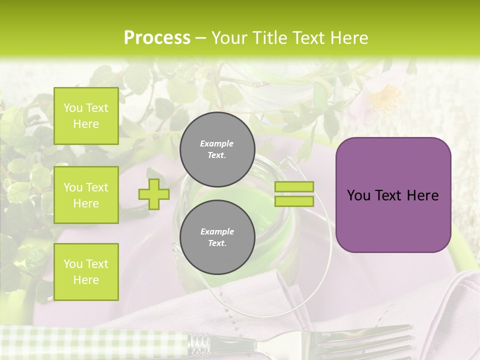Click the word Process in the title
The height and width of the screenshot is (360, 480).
point(157,38)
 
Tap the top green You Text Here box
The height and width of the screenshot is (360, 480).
point(86,116)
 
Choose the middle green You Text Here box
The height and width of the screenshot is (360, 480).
point(86,195)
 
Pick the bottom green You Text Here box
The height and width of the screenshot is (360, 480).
point(86,271)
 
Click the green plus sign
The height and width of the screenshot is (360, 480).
point(154,194)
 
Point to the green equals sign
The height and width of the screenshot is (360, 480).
point(294,194)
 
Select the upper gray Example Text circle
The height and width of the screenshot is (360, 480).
point(217,149)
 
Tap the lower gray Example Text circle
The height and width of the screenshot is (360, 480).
point(217,237)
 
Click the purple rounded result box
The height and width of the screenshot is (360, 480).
point(393,195)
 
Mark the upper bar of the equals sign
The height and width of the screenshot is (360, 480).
point(294,187)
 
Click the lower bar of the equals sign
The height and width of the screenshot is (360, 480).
point(294,201)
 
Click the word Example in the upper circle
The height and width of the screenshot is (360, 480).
point(217,143)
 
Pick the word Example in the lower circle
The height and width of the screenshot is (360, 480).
point(217,231)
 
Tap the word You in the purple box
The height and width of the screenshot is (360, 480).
point(359,195)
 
